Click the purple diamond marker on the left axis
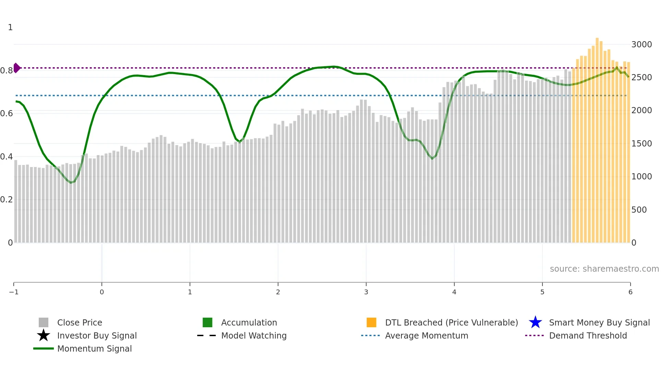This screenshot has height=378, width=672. click(16, 68)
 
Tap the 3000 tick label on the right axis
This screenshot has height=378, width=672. click(641, 45)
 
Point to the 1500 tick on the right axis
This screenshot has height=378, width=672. click(641, 144)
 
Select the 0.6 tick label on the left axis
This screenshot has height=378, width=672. click(7, 114)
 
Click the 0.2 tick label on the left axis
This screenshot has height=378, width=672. click(7, 200)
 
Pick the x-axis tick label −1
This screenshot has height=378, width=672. click(14, 292)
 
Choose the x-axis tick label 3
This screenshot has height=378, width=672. click(366, 292)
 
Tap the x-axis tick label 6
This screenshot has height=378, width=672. click(630, 292)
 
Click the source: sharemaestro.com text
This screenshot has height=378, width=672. click(604, 269)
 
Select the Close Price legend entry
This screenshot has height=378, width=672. click(80, 323)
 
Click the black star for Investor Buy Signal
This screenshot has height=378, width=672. click(44, 335)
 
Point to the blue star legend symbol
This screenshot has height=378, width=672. click(535, 322)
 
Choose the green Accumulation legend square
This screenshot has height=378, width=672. click(207, 322)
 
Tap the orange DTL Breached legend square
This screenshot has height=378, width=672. click(371, 322)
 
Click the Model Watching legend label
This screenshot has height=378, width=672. click(254, 336)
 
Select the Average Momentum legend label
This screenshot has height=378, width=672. click(427, 336)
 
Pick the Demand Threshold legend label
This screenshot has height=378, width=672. click(588, 336)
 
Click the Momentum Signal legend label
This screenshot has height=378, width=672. click(94, 349)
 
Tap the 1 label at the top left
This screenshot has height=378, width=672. click(10, 27)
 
